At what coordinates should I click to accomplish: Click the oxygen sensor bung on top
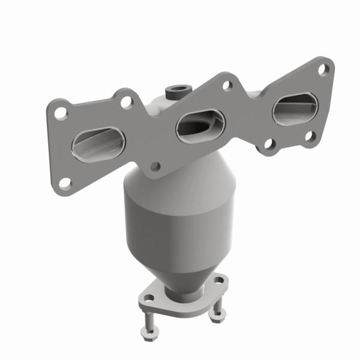pyautogui.click(x=175, y=91)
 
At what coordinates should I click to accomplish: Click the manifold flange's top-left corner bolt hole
pyautogui.click(x=61, y=112)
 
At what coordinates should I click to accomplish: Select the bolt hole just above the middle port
pyautogui.click(x=226, y=86)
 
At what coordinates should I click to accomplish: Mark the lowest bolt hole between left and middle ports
pyautogui.click(x=155, y=167)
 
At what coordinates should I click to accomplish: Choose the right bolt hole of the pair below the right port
pyautogui.click(x=310, y=136)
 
